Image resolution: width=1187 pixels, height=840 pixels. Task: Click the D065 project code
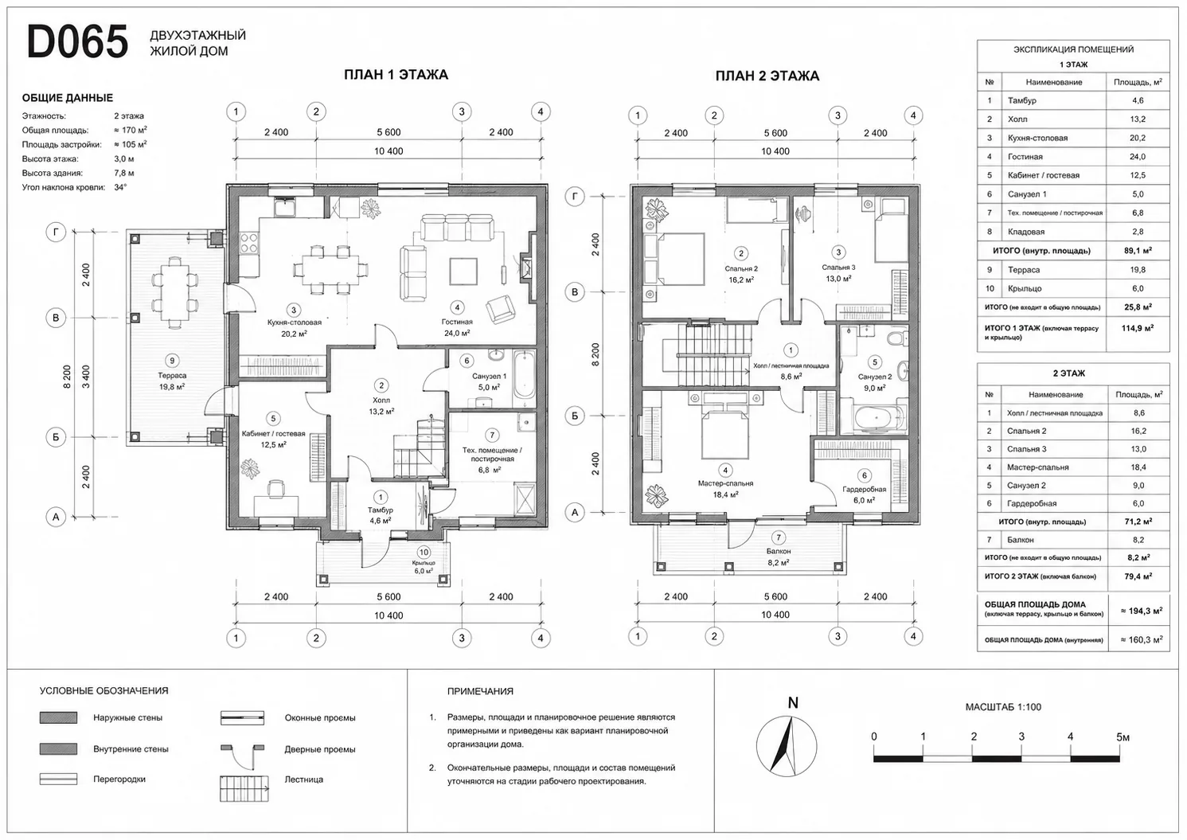(x=77, y=41)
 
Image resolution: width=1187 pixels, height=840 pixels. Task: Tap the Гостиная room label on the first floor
(x=457, y=322)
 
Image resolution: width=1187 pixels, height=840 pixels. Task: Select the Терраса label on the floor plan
(x=172, y=375)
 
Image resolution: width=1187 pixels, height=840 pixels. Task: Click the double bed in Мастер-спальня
(x=725, y=428)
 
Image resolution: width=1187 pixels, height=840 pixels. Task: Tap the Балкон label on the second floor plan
(x=778, y=551)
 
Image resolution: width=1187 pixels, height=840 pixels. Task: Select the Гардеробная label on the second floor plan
(x=865, y=489)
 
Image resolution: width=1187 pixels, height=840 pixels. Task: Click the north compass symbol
(x=787, y=746)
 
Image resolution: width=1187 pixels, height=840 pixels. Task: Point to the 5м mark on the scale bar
(x=1123, y=737)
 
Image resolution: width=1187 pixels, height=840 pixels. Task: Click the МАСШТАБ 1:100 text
(x=1003, y=707)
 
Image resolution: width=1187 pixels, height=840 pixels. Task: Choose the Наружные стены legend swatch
(x=58, y=717)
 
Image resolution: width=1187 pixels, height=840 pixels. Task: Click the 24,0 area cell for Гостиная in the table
(x=1138, y=157)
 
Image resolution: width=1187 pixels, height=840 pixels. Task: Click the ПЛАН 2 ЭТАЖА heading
(x=767, y=76)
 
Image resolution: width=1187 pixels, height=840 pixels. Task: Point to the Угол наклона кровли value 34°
(x=120, y=187)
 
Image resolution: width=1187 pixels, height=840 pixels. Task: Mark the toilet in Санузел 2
(x=898, y=338)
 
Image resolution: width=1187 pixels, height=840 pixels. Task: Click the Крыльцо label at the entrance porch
(x=424, y=563)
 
